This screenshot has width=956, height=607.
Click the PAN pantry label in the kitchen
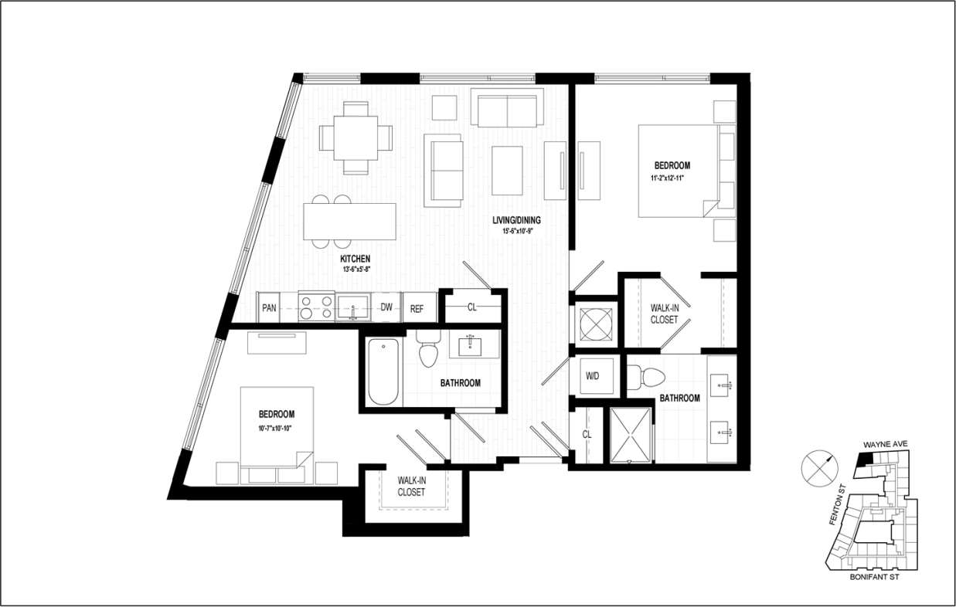click(x=269, y=308)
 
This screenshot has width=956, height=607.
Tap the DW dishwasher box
click(x=386, y=307)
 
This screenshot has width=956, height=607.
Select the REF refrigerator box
click(x=417, y=308)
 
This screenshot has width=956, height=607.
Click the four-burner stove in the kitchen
click(x=316, y=307)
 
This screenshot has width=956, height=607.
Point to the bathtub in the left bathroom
click(x=383, y=371)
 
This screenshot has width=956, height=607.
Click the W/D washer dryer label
click(x=594, y=377)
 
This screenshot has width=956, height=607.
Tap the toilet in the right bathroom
click(x=647, y=377)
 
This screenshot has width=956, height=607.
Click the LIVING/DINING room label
click(x=516, y=220)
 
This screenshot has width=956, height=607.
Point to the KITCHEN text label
click(x=356, y=259)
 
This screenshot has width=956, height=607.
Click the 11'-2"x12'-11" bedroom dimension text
click(x=672, y=178)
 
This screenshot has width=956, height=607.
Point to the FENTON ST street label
click(x=837, y=507)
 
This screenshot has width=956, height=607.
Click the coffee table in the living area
click(x=507, y=170)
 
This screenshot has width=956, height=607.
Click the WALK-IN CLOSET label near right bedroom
click(x=664, y=314)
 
